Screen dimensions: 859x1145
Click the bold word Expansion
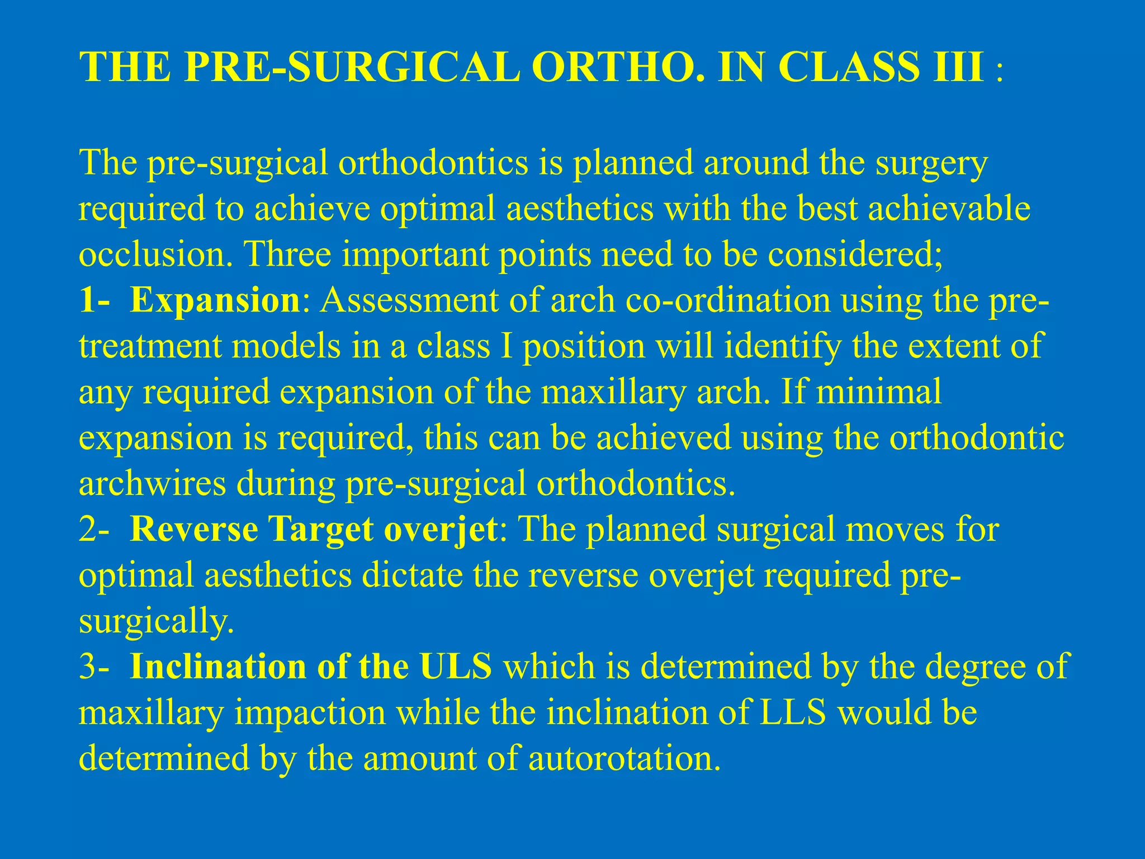[x=215, y=300]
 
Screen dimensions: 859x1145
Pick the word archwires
[x=152, y=483]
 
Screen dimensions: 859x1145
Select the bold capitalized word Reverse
[x=193, y=528]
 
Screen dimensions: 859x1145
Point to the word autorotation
[x=624, y=758]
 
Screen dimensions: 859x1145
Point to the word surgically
[x=156, y=620]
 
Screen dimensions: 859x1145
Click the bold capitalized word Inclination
[x=218, y=666]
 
